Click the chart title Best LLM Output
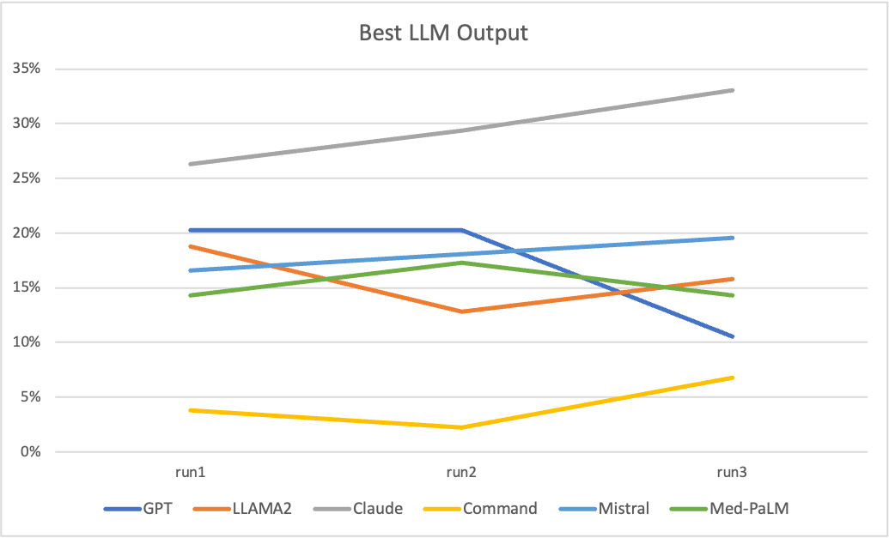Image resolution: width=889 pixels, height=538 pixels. click(443, 33)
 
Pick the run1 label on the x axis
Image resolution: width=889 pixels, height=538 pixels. click(191, 473)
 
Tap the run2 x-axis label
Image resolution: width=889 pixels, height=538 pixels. click(461, 473)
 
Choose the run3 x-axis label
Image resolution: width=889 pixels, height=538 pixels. click(733, 473)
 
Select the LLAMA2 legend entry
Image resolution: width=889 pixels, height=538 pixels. click(261, 508)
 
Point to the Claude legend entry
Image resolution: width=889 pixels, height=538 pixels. click(377, 508)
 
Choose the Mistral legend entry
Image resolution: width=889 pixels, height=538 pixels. click(624, 508)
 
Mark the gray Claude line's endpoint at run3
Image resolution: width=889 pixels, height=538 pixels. click(733, 90)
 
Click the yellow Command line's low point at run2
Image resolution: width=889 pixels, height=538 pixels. click(461, 427)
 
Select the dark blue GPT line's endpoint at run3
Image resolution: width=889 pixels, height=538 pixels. click(733, 336)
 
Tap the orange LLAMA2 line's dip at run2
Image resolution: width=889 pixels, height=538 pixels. click(461, 311)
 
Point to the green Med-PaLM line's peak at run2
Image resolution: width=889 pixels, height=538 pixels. click(461, 263)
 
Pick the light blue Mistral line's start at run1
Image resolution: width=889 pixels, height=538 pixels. click(191, 270)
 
